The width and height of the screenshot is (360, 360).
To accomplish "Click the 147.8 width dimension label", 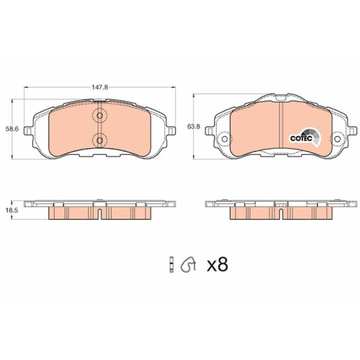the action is coord(100,87).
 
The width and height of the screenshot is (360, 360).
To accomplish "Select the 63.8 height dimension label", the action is coord(193,126).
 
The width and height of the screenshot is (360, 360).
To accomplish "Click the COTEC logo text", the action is coord(301,138).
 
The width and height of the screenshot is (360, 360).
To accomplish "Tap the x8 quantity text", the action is coord(217,264).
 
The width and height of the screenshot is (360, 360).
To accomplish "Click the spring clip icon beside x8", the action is coord(188,264).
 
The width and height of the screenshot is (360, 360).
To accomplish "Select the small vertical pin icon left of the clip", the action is coord(171,264).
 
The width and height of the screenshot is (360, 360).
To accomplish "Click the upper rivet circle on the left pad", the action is coord(99,115).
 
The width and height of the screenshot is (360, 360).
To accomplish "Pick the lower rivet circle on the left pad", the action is coord(99,140).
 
